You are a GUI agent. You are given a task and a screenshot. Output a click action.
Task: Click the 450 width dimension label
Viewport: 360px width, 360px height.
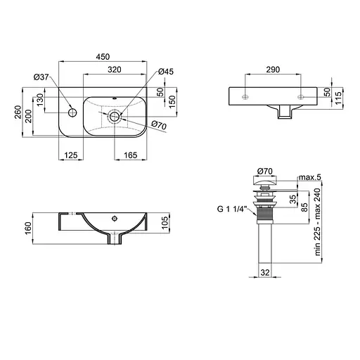tap(103, 57)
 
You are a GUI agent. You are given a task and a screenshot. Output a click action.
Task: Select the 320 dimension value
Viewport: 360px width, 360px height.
tap(115, 70)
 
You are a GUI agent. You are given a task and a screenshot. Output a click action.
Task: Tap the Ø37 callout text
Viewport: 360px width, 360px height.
tap(41, 77)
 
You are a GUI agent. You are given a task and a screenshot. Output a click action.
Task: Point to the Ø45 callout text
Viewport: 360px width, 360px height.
tap(166, 72)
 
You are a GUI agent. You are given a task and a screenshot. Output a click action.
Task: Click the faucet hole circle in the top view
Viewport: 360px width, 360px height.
tap(72, 112)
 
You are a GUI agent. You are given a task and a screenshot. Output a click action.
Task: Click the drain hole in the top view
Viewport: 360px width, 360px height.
tap(115, 116)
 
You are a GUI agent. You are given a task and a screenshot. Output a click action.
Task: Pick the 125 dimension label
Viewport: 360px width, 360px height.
tap(71, 155)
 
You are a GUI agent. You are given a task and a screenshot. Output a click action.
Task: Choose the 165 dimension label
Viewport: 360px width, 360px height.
tap(131, 155)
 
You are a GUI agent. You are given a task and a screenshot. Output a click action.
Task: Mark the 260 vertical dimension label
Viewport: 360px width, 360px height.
tap(18, 112)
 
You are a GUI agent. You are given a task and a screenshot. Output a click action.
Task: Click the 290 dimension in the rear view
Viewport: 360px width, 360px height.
tap(273, 70)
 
